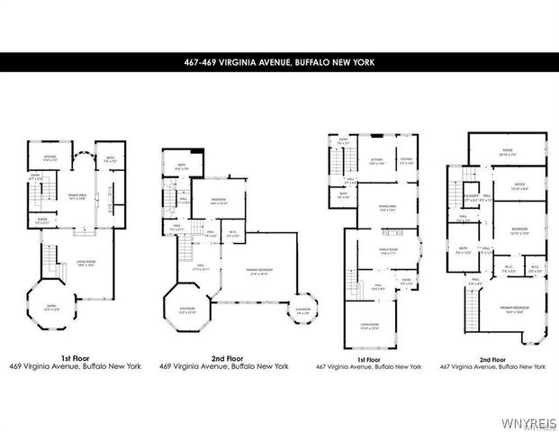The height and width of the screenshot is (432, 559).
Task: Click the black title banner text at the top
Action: coord(279,62)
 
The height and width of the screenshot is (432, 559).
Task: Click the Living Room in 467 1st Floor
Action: coord(371,328)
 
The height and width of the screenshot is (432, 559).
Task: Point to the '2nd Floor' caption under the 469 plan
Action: coord(184,357)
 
